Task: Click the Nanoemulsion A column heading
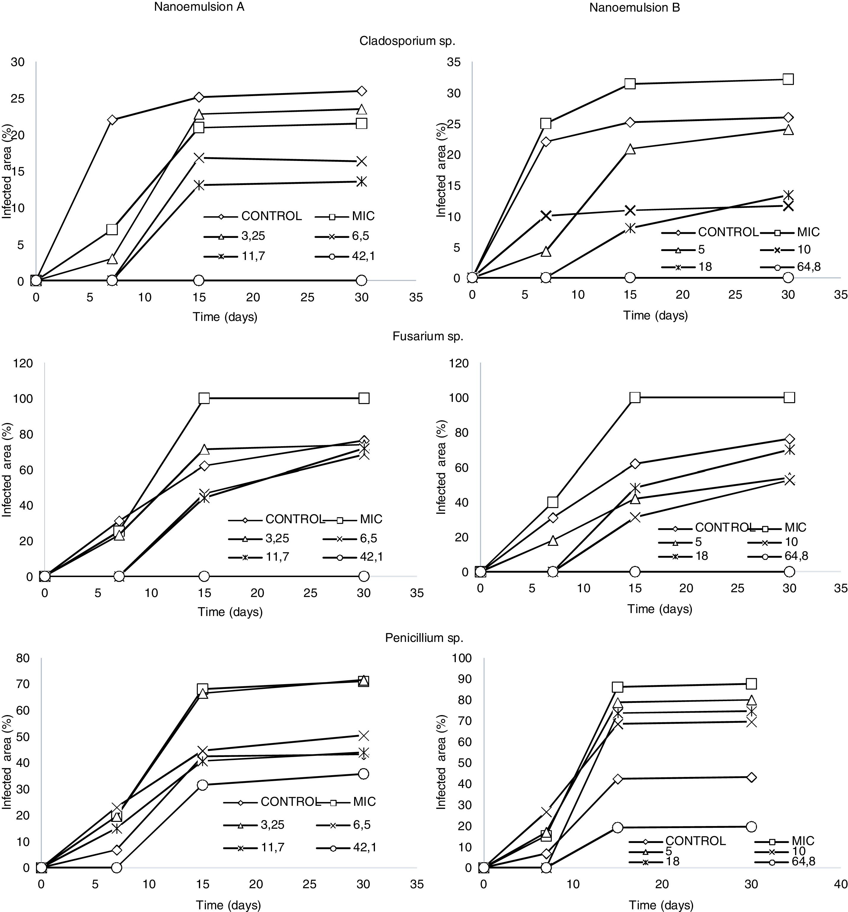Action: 199,7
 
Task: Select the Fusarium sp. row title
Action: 428,336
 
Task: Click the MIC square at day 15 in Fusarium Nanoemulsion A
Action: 204,398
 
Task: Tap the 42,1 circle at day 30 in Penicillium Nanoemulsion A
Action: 363,774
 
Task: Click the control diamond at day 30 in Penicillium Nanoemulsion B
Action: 751,778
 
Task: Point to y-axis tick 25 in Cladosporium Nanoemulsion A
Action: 18,99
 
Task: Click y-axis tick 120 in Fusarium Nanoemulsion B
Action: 458,363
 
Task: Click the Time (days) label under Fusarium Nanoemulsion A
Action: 230,612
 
